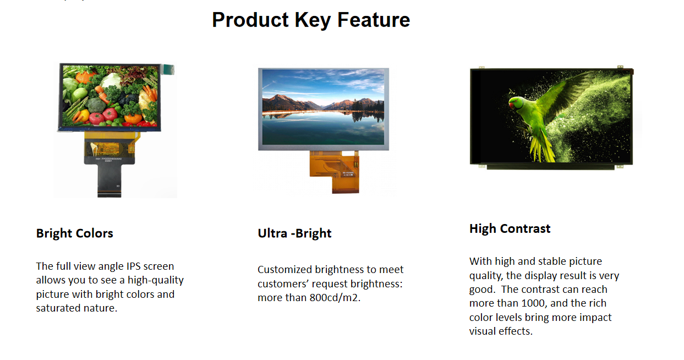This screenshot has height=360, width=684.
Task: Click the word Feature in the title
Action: click(x=374, y=20)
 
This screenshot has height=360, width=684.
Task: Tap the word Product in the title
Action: click(x=250, y=20)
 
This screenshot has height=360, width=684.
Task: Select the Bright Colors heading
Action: click(x=74, y=233)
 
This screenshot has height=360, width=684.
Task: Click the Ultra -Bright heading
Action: click(x=294, y=233)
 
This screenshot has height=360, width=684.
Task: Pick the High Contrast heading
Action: click(x=510, y=228)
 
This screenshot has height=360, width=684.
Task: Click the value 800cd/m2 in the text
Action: click(x=335, y=298)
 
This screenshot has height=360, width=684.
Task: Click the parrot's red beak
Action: click(x=511, y=105)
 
